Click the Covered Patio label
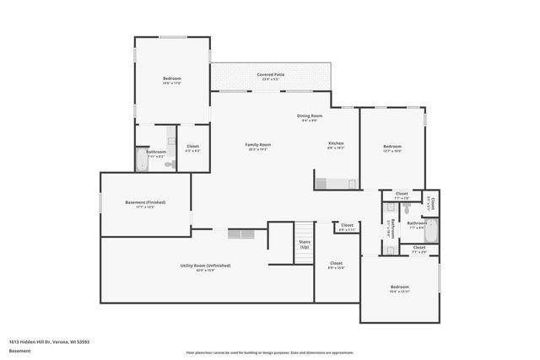pyautogui.click(x=270, y=74)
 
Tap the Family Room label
pyautogui.click(x=257, y=145)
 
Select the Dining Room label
pyautogui.click(x=310, y=116)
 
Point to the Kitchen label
pyautogui.click(x=336, y=144)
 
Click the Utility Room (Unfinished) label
pyautogui.click(x=206, y=266)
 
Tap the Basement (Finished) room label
pyautogui.click(x=145, y=203)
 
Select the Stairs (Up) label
pyautogui.click(x=304, y=244)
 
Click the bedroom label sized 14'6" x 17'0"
pyautogui.click(x=172, y=79)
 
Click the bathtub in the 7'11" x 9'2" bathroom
pyautogui.click(x=141, y=160)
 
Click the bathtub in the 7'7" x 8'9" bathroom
pyautogui.click(x=430, y=229)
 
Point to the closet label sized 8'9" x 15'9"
pyautogui.click(x=336, y=264)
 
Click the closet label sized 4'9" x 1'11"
pyautogui.click(x=347, y=225)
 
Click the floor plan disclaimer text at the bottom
pyautogui.click(x=269, y=352)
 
